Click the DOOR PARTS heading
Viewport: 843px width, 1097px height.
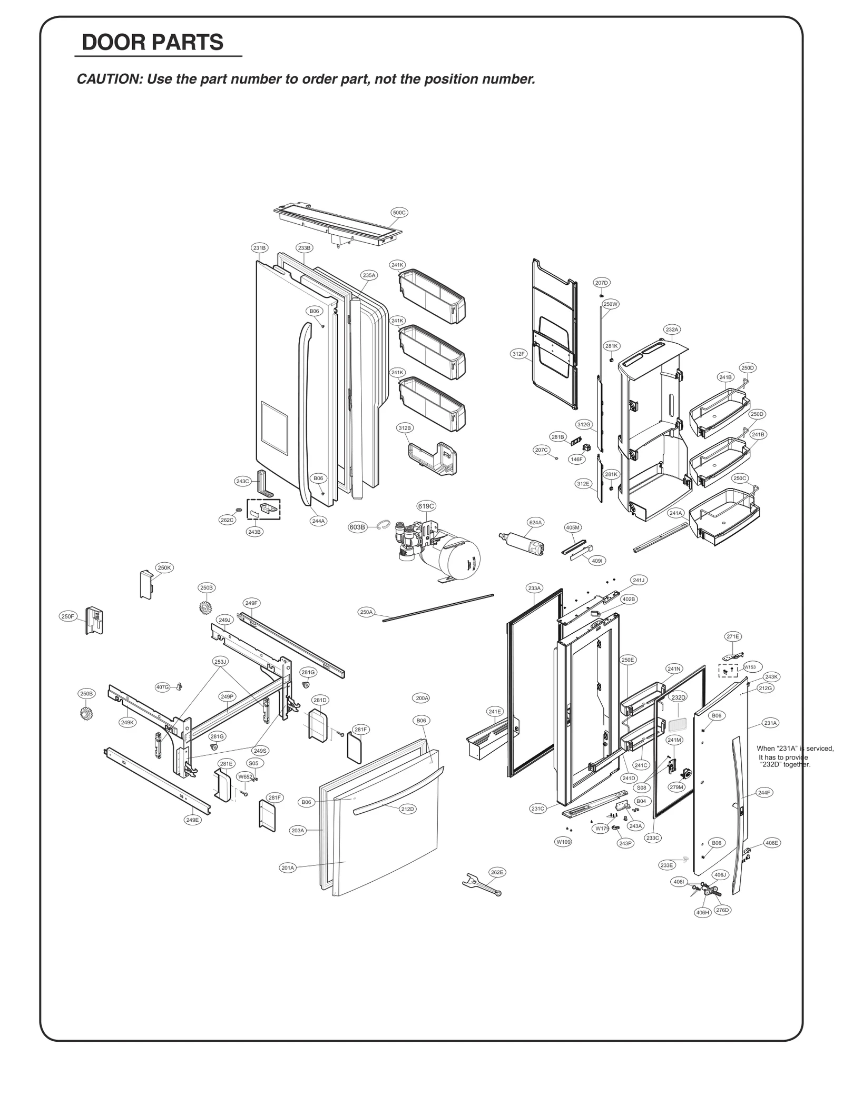(x=152, y=43)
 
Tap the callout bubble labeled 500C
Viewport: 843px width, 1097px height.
(x=399, y=213)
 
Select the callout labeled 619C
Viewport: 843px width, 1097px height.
(x=426, y=506)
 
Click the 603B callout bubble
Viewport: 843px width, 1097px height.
(x=357, y=527)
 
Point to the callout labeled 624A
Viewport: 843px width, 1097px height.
(x=535, y=522)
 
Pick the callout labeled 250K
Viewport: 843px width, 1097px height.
(x=164, y=567)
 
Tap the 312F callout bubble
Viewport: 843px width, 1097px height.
(x=518, y=354)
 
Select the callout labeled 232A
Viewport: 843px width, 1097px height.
(x=671, y=330)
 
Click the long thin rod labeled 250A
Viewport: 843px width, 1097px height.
(x=437, y=607)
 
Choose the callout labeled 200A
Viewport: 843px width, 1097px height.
(x=421, y=698)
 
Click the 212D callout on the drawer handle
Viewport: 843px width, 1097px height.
(x=407, y=809)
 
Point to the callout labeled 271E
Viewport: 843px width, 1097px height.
(x=732, y=636)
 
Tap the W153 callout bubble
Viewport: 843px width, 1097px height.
(x=749, y=667)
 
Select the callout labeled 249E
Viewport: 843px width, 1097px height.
(x=193, y=820)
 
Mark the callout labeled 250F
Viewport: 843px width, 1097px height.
(x=68, y=616)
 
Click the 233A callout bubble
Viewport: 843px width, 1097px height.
(x=534, y=588)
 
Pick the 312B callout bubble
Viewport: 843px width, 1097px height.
(x=405, y=428)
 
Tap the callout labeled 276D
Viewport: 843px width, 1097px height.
(x=722, y=910)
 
